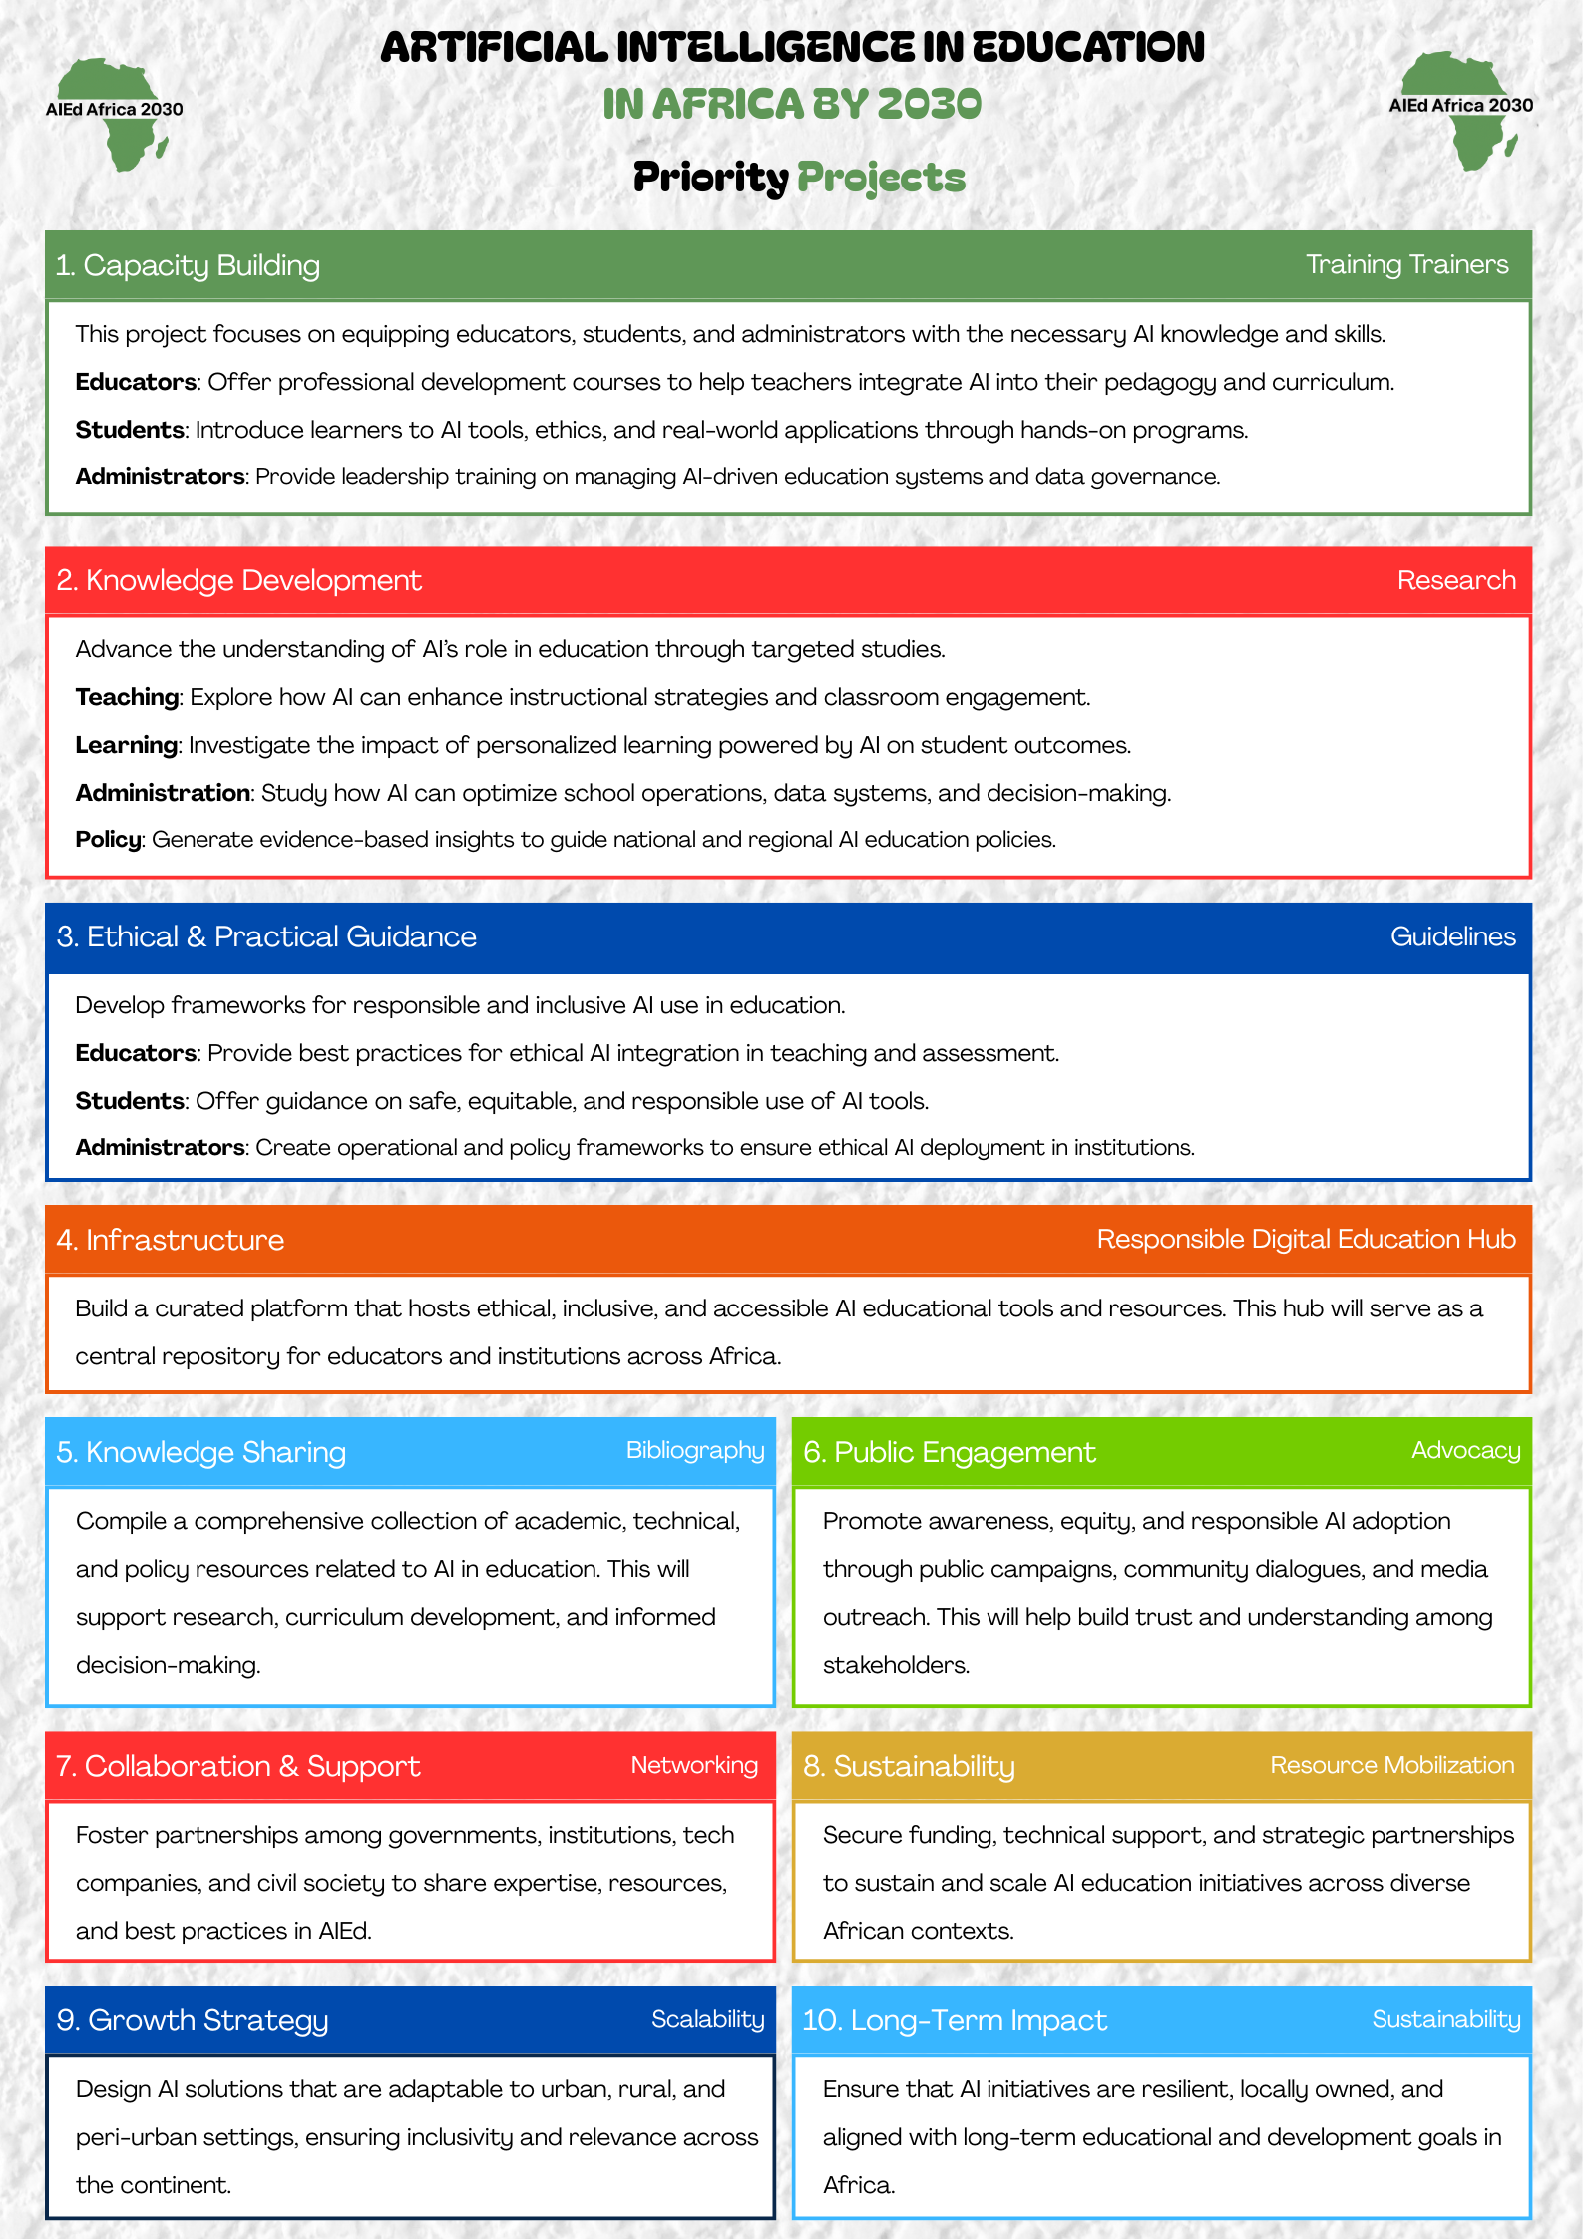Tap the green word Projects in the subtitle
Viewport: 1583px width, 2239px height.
[881, 178]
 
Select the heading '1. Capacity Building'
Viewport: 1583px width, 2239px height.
[189, 265]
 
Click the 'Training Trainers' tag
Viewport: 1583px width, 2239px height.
[1406, 264]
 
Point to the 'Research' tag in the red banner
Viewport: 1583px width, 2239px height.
[1455, 580]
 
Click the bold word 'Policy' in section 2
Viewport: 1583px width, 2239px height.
[109, 839]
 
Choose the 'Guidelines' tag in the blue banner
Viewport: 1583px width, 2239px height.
[1452, 936]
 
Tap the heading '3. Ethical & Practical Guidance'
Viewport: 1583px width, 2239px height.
[266, 936]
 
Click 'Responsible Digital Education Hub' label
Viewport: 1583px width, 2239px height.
[1306, 1239]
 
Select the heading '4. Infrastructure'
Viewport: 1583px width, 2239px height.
[171, 1240]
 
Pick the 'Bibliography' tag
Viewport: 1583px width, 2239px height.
[694, 1450]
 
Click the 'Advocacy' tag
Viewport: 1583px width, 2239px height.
[1465, 1450]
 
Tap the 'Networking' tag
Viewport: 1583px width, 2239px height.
[694, 1765]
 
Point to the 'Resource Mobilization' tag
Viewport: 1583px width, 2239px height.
[1391, 1765]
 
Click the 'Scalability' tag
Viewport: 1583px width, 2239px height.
[707, 2019]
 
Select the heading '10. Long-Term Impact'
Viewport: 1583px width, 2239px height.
[955, 2020]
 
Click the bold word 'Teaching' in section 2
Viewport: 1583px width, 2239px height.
[127, 697]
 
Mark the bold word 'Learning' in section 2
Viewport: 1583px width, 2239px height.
[127, 745]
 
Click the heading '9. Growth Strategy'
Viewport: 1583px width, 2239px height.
[193, 2020]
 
